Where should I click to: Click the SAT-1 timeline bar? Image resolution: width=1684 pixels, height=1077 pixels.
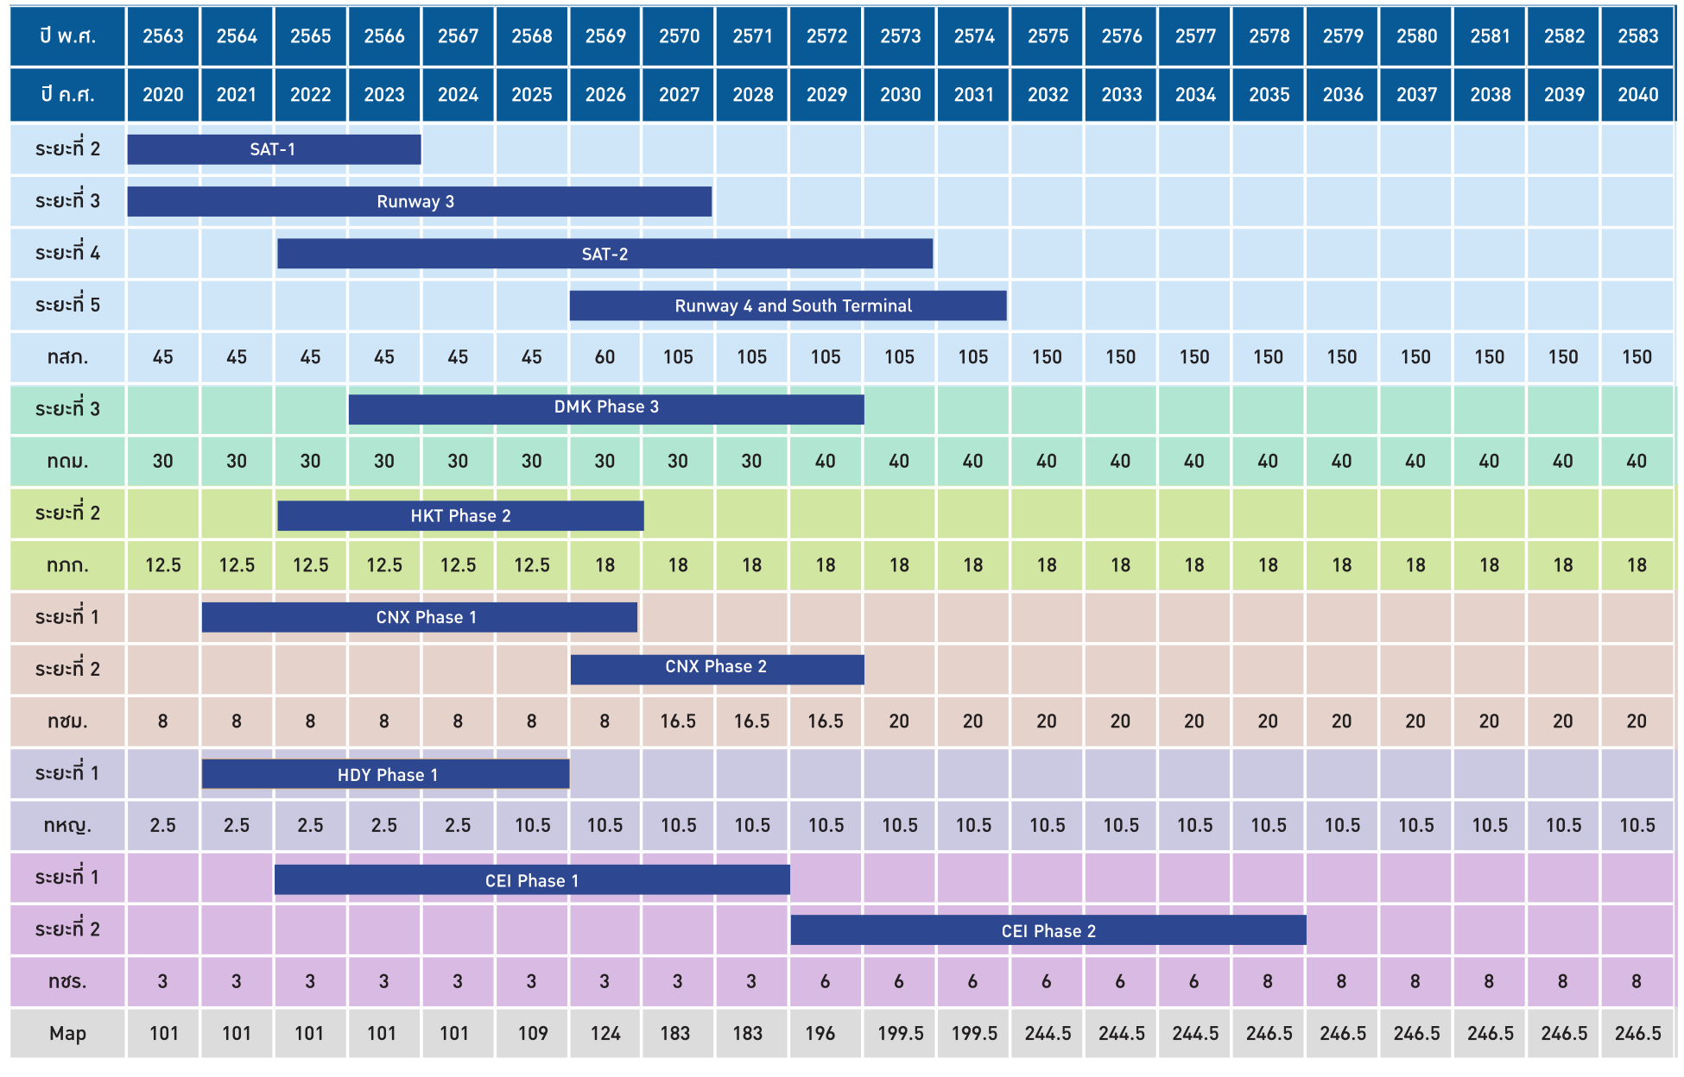tap(274, 149)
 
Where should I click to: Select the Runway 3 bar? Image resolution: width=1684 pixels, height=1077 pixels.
tap(419, 202)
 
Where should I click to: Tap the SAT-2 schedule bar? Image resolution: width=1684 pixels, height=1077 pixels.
tap(605, 254)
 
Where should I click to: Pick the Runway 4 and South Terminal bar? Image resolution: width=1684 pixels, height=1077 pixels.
tap(788, 305)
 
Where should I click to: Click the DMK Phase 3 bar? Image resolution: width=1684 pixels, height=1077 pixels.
tap(605, 408)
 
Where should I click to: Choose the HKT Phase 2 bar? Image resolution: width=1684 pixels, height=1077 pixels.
tap(460, 516)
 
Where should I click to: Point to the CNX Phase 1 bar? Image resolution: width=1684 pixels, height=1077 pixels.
tap(420, 617)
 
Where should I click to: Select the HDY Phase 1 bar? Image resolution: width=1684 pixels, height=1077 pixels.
tap(385, 774)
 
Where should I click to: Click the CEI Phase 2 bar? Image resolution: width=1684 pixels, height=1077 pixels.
tap(1048, 930)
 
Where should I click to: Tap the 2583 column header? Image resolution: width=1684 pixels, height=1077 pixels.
tap(1637, 36)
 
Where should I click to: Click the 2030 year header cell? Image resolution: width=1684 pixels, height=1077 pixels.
tap(900, 95)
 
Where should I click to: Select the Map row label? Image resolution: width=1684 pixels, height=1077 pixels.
tap(67, 1033)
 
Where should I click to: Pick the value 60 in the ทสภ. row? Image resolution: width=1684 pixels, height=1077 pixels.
tap(605, 357)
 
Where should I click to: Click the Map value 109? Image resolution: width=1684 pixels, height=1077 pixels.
tap(532, 1033)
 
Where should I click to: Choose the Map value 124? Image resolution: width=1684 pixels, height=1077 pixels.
tap(605, 1033)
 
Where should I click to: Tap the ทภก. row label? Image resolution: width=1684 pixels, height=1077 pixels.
tap(67, 566)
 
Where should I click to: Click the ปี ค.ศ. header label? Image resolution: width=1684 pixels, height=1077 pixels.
tap(67, 95)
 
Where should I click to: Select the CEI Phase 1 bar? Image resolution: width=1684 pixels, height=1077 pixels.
tap(532, 880)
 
